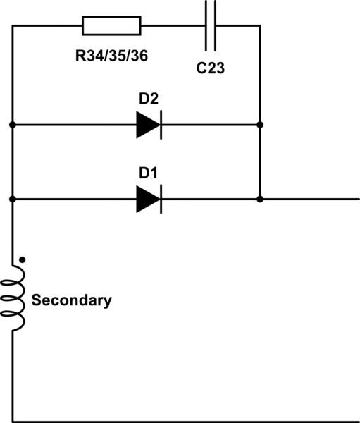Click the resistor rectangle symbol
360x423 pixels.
(111, 27)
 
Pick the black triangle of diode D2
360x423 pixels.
(147, 125)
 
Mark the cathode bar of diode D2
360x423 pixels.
(161, 125)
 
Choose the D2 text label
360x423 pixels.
(149, 99)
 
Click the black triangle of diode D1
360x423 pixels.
(147, 200)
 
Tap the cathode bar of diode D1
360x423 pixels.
(161, 200)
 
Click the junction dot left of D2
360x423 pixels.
(13, 125)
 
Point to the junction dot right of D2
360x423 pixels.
(261, 125)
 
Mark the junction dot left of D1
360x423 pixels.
(13, 200)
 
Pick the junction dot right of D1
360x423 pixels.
(261, 200)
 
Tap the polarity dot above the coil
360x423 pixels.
(23, 260)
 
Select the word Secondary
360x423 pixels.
(71, 300)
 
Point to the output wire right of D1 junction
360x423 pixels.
(310, 200)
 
